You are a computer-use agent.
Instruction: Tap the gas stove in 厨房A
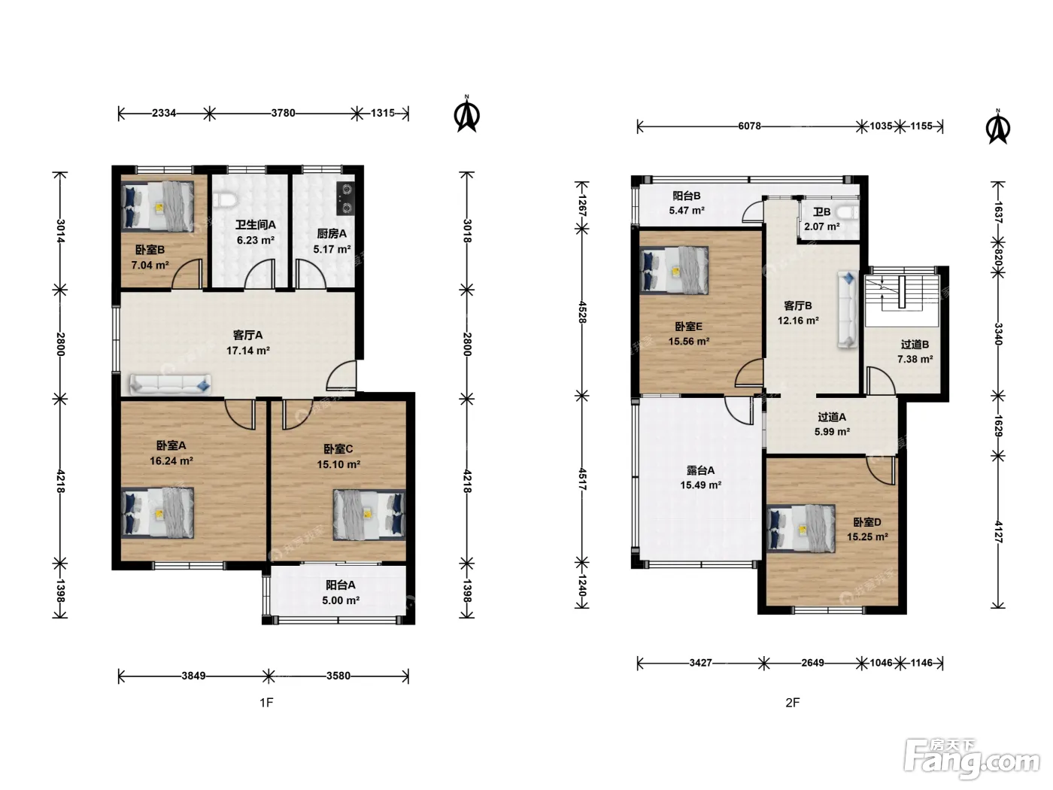(x=345, y=199)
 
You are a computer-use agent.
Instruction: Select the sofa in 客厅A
(x=170, y=384)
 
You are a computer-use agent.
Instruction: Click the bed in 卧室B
(x=157, y=205)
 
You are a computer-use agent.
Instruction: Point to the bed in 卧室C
(x=369, y=514)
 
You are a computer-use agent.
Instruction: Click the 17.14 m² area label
(x=248, y=351)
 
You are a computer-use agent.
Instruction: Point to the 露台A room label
(x=700, y=470)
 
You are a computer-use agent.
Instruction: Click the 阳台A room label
(x=341, y=585)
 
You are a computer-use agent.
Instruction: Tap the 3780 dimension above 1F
(x=283, y=113)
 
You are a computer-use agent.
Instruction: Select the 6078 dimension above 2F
(x=749, y=126)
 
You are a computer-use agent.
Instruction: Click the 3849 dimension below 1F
(x=193, y=676)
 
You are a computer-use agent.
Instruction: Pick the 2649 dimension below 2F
(x=812, y=663)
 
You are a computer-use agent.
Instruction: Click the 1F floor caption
(x=266, y=703)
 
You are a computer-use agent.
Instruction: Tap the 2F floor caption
(x=793, y=703)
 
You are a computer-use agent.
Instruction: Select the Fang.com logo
(x=972, y=758)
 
